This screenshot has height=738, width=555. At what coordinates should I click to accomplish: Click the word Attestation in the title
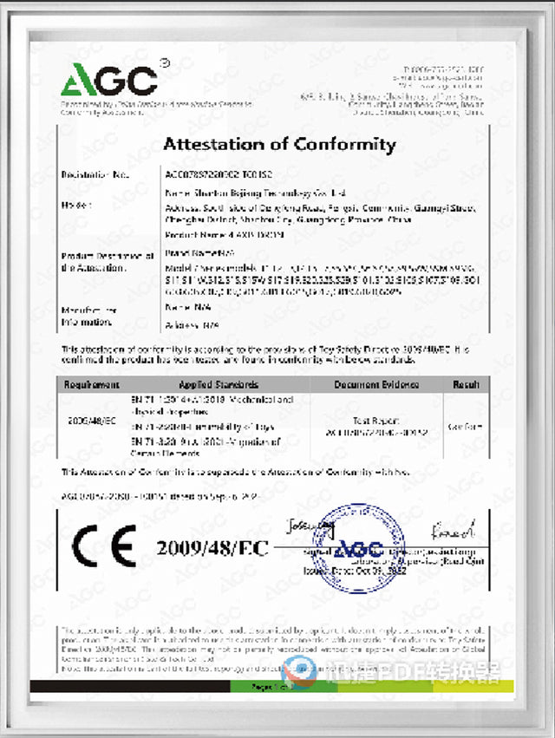click(218, 145)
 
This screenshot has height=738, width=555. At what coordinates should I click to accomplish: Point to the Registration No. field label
click(95, 175)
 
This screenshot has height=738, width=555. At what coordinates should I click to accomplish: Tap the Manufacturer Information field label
click(88, 316)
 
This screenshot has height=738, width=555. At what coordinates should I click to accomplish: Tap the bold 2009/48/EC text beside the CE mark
click(213, 547)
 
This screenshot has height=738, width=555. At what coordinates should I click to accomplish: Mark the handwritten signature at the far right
click(458, 526)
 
